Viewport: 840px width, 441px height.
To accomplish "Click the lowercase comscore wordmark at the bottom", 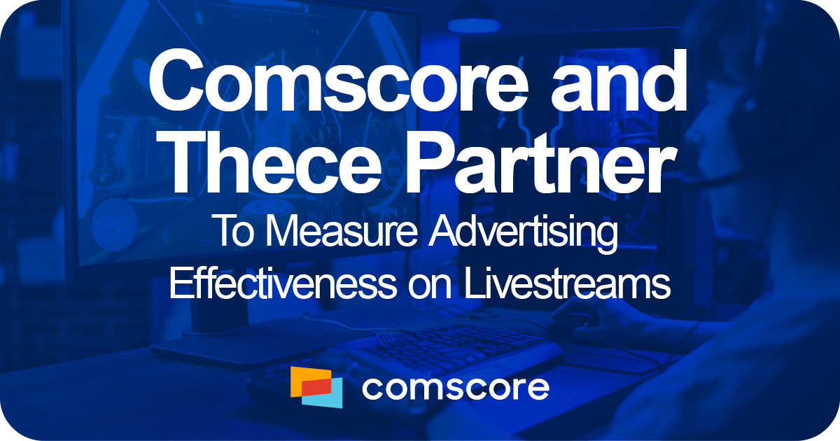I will (455, 387).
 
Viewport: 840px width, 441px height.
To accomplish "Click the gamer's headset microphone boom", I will (707, 178).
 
